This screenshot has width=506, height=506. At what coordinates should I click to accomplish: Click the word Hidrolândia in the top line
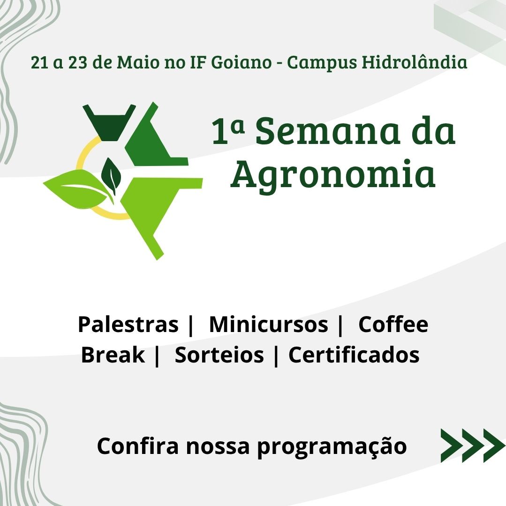click(x=414, y=62)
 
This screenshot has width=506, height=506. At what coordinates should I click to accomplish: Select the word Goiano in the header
click(x=242, y=62)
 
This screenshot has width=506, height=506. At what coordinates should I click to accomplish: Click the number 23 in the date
click(x=78, y=62)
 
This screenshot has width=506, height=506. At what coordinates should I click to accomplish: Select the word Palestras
click(x=128, y=325)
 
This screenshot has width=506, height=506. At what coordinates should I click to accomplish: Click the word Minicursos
click(x=269, y=325)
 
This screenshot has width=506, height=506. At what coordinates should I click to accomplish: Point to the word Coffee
click(x=393, y=325)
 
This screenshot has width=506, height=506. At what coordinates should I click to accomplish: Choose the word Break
click(x=113, y=355)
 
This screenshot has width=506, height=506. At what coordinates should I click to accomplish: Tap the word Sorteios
click(x=219, y=355)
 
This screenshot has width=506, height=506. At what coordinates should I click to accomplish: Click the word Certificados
click(x=354, y=355)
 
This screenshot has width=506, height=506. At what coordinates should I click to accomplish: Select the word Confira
click(x=138, y=446)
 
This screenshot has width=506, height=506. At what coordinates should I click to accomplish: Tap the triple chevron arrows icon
click(x=473, y=446)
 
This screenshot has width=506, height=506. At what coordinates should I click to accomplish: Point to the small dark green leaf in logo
click(x=111, y=175)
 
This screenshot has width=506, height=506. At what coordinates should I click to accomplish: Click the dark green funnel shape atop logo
click(x=109, y=122)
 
